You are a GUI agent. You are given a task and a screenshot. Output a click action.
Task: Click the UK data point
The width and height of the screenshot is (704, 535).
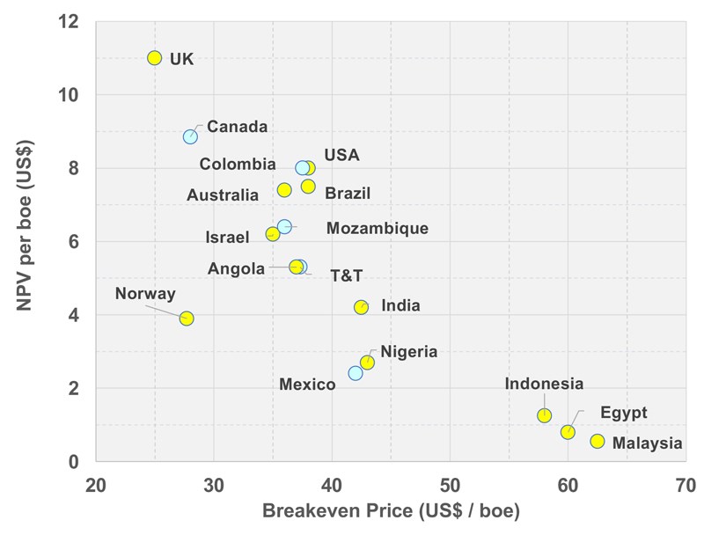tap(155, 58)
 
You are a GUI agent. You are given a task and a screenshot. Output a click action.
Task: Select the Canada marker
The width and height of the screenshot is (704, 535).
tap(190, 136)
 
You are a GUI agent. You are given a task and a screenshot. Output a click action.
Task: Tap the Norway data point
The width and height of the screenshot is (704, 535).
tap(187, 319)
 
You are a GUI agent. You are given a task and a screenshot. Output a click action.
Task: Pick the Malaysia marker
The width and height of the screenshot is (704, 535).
tap(598, 441)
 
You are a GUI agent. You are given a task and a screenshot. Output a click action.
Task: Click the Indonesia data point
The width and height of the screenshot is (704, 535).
tap(545, 415)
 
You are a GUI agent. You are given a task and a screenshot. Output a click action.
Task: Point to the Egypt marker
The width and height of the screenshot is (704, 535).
tap(568, 432)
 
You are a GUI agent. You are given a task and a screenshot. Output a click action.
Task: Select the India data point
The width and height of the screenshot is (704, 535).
tap(361, 307)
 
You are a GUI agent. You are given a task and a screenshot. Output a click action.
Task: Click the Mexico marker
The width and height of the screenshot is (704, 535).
tap(356, 373)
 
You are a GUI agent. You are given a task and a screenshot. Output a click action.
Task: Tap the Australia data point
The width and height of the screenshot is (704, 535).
tap(284, 190)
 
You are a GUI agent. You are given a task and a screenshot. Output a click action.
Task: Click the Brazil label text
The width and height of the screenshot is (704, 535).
tap(348, 194)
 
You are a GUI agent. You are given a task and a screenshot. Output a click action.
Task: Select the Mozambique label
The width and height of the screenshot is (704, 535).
tap(377, 229)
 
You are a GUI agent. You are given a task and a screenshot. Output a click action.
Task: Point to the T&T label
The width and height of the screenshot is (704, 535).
tap(346, 276)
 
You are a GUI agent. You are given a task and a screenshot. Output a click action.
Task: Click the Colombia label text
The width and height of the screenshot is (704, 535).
tap(238, 165)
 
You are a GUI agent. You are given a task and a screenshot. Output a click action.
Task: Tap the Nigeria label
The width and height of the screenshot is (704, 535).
tap(408, 352)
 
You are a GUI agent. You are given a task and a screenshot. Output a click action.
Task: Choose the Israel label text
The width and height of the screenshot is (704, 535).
tap(228, 238)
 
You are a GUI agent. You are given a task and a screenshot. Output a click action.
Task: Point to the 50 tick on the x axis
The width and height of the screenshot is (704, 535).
tap(450, 485)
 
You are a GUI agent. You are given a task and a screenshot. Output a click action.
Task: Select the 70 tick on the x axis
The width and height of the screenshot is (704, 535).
tap(686, 485)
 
